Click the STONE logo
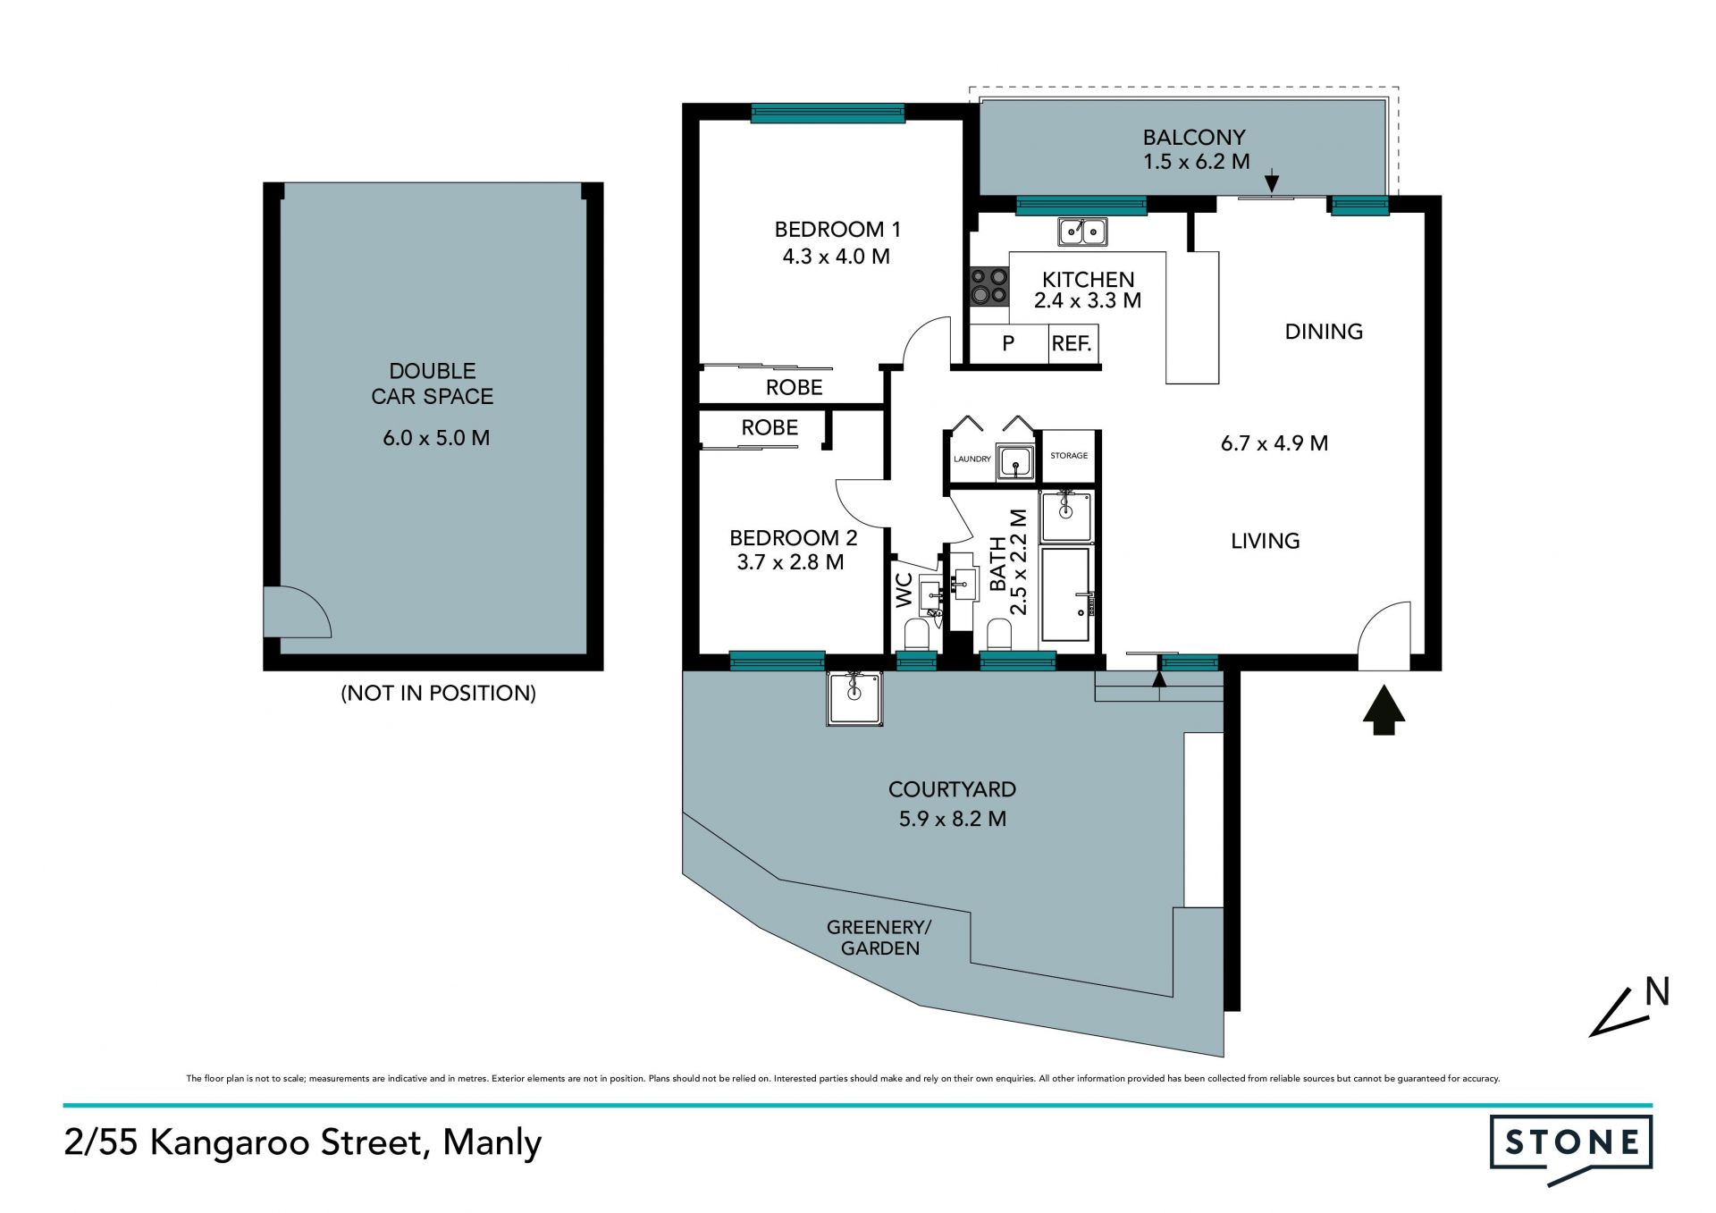point(1570,1149)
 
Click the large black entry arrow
point(1384,710)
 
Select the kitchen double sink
point(1082,232)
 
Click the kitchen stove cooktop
point(989,287)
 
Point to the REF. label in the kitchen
point(1072,343)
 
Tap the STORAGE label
point(1069,456)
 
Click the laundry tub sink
point(1015,462)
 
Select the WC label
point(904,590)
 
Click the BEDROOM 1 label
point(837,230)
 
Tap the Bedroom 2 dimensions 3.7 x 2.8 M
point(790,562)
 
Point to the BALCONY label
point(1194,138)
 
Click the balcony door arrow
point(1272,183)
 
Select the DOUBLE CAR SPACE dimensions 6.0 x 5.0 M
point(436,438)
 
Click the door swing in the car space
point(298,611)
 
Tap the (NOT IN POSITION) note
point(438,693)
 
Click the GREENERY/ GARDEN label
point(879,938)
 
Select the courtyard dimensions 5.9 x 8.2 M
point(953,819)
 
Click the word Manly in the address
point(492,1143)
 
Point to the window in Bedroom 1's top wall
point(828,114)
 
